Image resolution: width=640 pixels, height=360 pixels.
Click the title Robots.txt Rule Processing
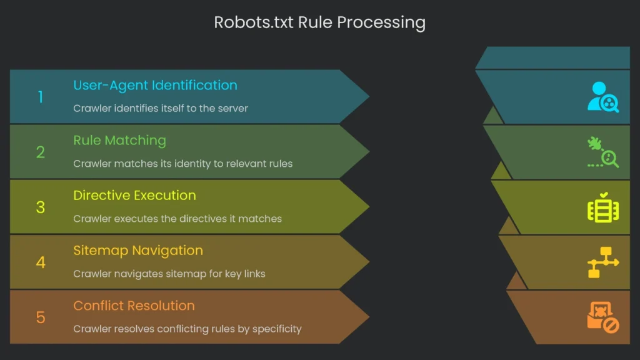coord(319,23)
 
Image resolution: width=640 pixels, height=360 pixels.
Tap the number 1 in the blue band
coord(41,97)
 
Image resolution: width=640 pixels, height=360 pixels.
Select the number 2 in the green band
coord(41,152)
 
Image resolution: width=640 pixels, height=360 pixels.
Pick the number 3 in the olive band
coord(41,207)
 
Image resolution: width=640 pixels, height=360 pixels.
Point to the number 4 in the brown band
coord(41,262)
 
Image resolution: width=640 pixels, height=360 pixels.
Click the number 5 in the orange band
coord(41,317)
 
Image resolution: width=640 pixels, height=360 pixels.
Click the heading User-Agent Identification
coord(155,85)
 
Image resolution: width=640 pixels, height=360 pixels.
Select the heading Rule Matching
coord(119,140)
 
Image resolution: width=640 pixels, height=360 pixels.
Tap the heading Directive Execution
coord(134,195)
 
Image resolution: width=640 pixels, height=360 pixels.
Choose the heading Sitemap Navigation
coord(138,250)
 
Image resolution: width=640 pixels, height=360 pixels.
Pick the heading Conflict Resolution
coord(134,306)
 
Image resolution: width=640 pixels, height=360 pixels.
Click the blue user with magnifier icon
coord(603,97)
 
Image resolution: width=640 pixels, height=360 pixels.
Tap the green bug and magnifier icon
coord(603,152)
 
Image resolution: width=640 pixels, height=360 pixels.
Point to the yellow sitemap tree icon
coord(603,262)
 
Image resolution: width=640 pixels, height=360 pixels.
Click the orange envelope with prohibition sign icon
coord(603,317)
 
